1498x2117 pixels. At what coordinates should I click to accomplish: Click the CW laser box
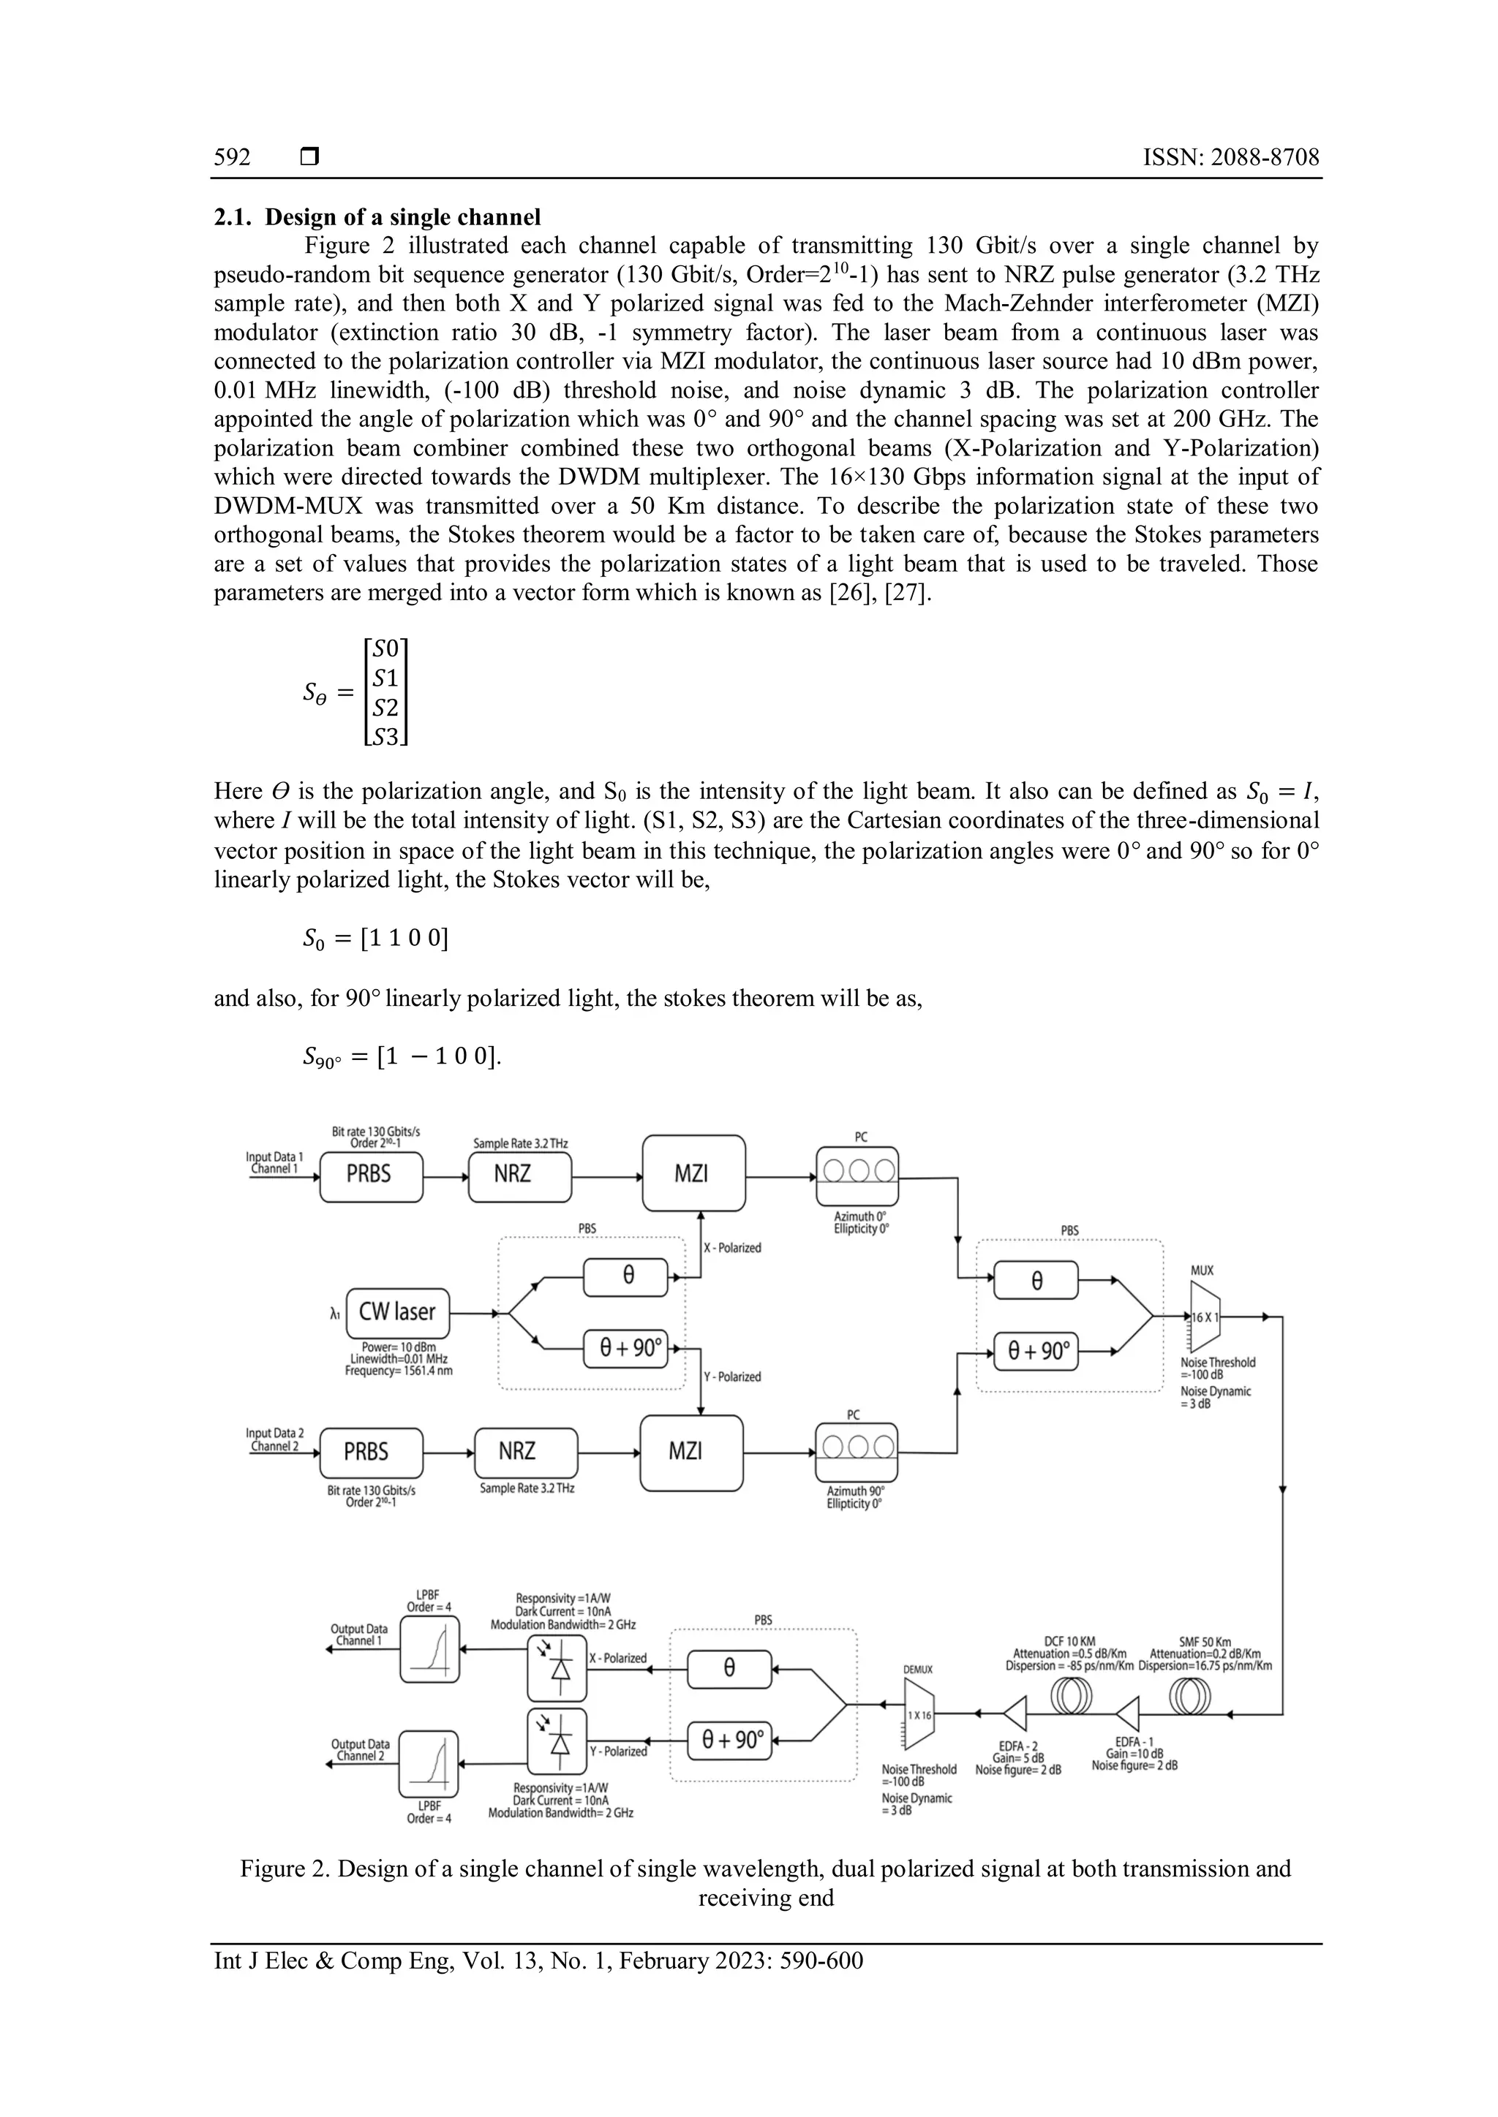398,1312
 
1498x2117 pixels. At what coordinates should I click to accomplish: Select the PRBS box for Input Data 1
371,1175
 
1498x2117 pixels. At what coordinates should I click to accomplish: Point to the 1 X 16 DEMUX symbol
919,1714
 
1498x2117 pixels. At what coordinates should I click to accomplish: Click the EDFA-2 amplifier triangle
1015,1714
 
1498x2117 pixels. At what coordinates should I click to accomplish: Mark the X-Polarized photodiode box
557,1668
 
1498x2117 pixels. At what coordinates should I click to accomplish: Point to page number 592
233,158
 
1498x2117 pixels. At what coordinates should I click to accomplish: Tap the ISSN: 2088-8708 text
1230,158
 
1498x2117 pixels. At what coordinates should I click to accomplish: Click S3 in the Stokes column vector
386,737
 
